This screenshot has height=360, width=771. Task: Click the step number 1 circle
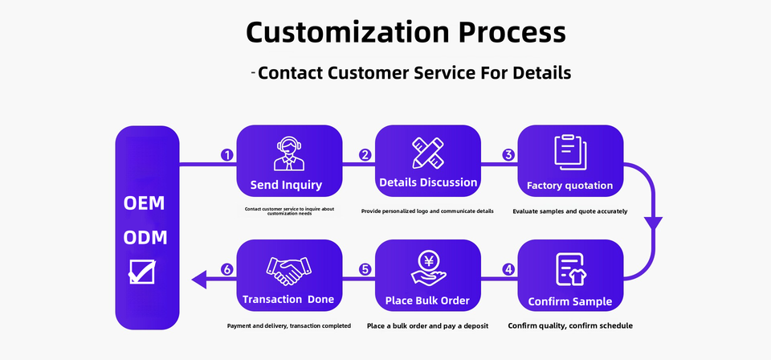pyautogui.click(x=227, y=155)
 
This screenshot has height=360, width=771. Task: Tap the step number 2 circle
pyautogui.click(x=365, y=155)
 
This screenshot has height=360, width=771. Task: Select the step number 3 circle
pyautogui.click(x=508, y=155)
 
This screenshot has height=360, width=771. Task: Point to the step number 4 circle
pyautogui.click(x=508, y=270)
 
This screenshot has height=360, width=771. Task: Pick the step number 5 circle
pyautogui.click(x=365, y=270)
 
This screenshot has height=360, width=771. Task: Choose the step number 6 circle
pyautogui.click(x=227, y=270)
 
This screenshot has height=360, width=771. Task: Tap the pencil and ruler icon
pyautogui.click(x=428, y=153)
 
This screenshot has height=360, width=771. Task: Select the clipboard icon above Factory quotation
pyautogui.click(x=570, y=153)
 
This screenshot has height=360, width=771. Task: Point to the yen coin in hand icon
pyautogui.click(x=428, y=268)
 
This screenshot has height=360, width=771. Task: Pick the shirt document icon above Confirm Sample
pyautogui.click(x=570, y=269)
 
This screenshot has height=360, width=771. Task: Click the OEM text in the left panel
pyautogui.click(x=145, y=203)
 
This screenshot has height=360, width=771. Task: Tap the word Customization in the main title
pyautogui.click(x=345, y=32)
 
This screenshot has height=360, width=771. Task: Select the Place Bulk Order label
pyautogui.click(x=428, y=301)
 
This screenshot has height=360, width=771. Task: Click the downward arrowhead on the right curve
pyautogui.click(x=656, y=222)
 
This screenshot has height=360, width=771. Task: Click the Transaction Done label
pyautogui.click(x=288, y=300)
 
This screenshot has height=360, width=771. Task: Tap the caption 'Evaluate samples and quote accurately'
pyautogui.click(x=569, y=211)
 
